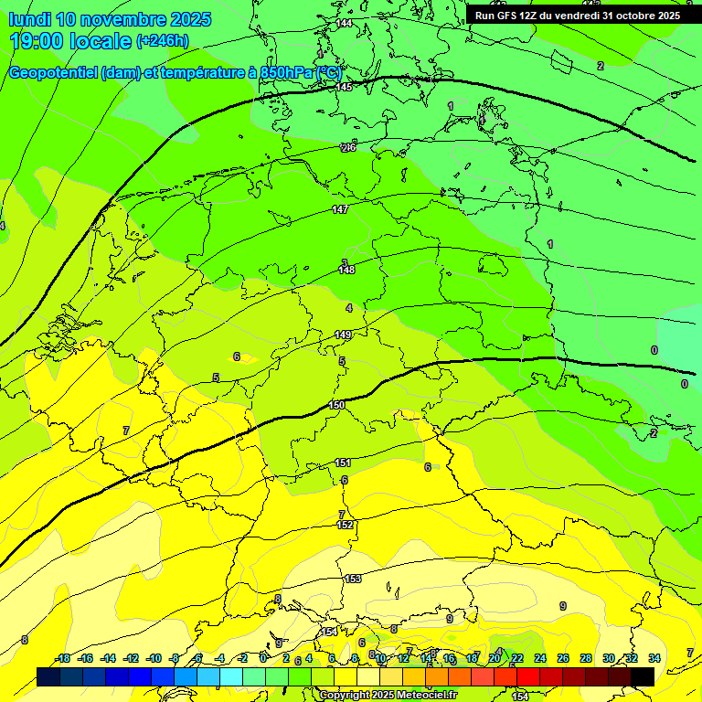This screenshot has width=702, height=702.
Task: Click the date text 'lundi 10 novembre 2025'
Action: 110,19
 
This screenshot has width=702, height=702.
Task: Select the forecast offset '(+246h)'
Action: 163,41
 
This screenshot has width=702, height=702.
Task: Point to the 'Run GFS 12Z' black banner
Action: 577,16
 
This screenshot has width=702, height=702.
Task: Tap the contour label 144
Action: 344,23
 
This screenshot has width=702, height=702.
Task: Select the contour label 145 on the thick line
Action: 344,88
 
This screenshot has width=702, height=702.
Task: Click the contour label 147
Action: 340,210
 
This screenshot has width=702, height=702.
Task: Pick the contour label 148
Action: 346,271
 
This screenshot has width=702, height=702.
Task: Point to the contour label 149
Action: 343,335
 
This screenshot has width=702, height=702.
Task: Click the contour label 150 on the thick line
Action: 337,405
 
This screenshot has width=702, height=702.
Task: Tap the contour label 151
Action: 343,463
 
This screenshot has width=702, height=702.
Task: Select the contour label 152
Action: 345,526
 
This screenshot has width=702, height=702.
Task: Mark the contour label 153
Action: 353,580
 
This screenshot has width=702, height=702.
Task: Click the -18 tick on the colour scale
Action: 62,659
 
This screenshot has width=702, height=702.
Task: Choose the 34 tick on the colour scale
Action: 654,659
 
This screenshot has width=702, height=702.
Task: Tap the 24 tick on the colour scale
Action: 540,659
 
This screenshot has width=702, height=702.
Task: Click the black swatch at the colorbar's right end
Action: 642,676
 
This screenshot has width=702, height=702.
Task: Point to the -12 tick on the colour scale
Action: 131,659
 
